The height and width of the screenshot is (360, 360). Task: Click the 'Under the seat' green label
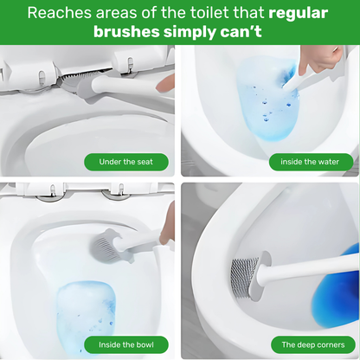126,162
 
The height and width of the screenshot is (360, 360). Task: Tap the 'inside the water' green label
311,162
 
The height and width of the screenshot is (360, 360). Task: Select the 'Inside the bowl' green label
126,344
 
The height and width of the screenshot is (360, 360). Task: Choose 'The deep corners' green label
313,344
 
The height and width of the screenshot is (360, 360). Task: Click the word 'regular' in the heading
298,13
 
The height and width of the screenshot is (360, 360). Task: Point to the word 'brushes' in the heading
126,32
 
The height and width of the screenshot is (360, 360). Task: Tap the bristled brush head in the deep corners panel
244,277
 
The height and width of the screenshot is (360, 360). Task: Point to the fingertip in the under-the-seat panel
165,84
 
